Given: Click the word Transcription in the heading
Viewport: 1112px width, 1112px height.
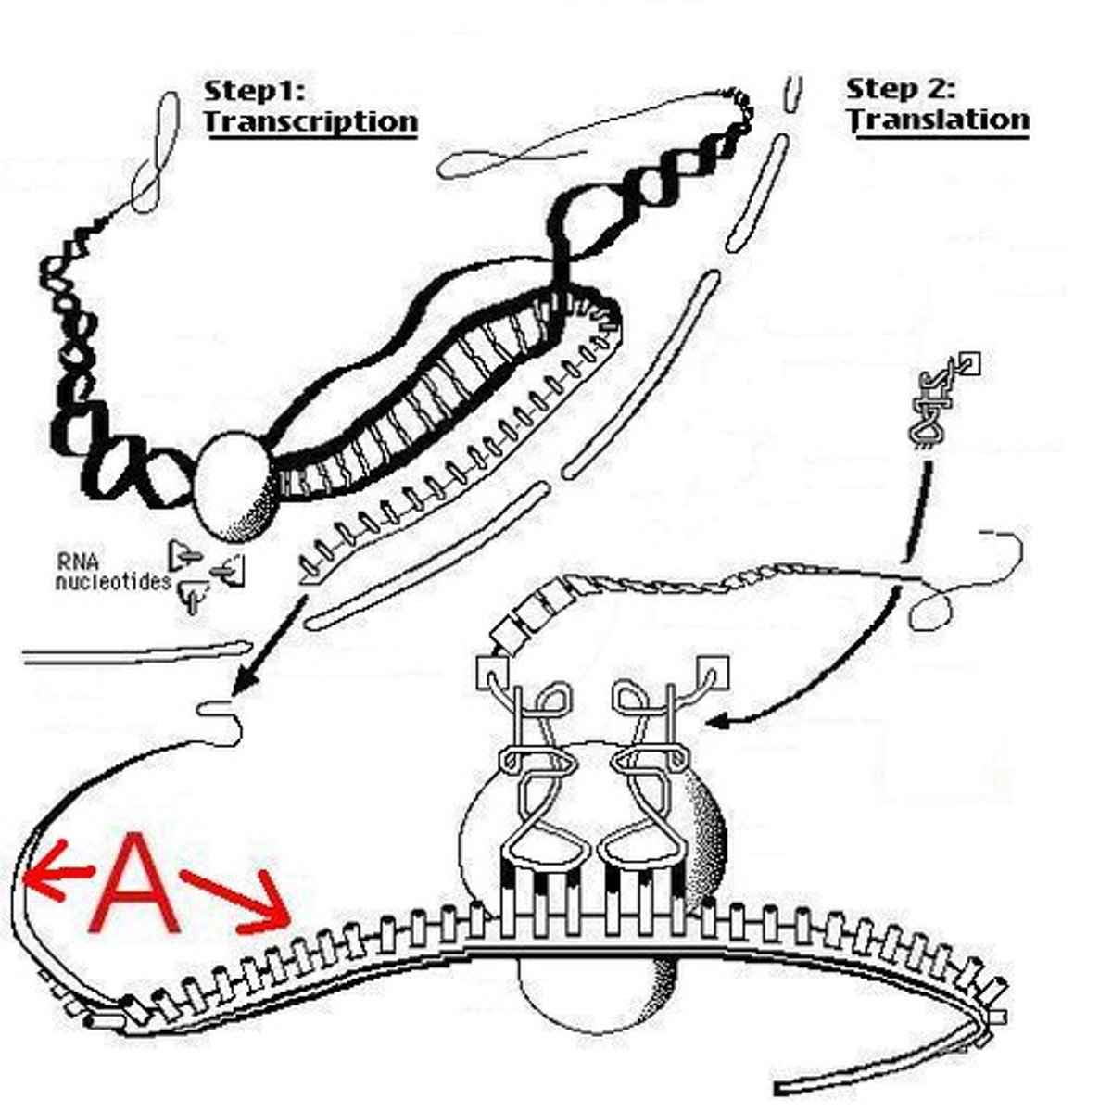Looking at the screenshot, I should (x=310, y=121).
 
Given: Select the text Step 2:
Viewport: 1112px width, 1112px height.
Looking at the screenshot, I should (x=901, y=88).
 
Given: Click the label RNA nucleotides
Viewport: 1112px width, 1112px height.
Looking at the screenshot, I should (x=113, y=571).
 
